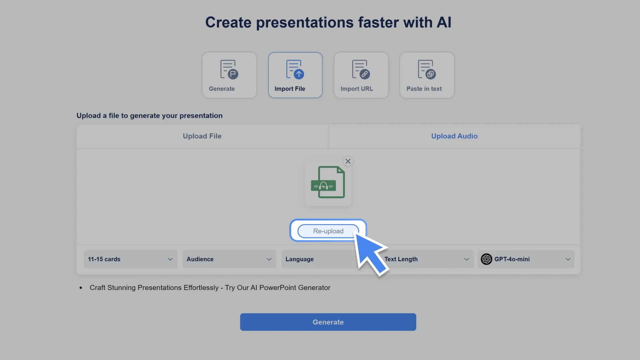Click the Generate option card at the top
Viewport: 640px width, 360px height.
(229, 75)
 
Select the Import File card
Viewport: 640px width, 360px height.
(295, 75)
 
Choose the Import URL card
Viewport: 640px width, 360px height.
(361, 75)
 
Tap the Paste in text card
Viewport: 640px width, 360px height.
(427, 75)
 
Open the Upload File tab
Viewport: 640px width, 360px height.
(202, 136)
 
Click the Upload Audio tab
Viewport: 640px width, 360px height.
(454, 136)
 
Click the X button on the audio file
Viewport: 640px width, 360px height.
(348, 161)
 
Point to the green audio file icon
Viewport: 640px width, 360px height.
(328, 182)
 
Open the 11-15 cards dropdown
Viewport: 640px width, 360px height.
(130, 259)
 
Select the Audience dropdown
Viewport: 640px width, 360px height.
(229, 259)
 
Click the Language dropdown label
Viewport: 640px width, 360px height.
(299, 259)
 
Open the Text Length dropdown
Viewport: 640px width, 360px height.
(427, 259)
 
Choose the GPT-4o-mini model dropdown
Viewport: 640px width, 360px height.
(526, 259)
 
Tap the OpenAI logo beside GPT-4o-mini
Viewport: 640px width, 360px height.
(486, 259)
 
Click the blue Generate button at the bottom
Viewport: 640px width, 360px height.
(328, 322)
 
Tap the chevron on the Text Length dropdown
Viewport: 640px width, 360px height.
(466, 259)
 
